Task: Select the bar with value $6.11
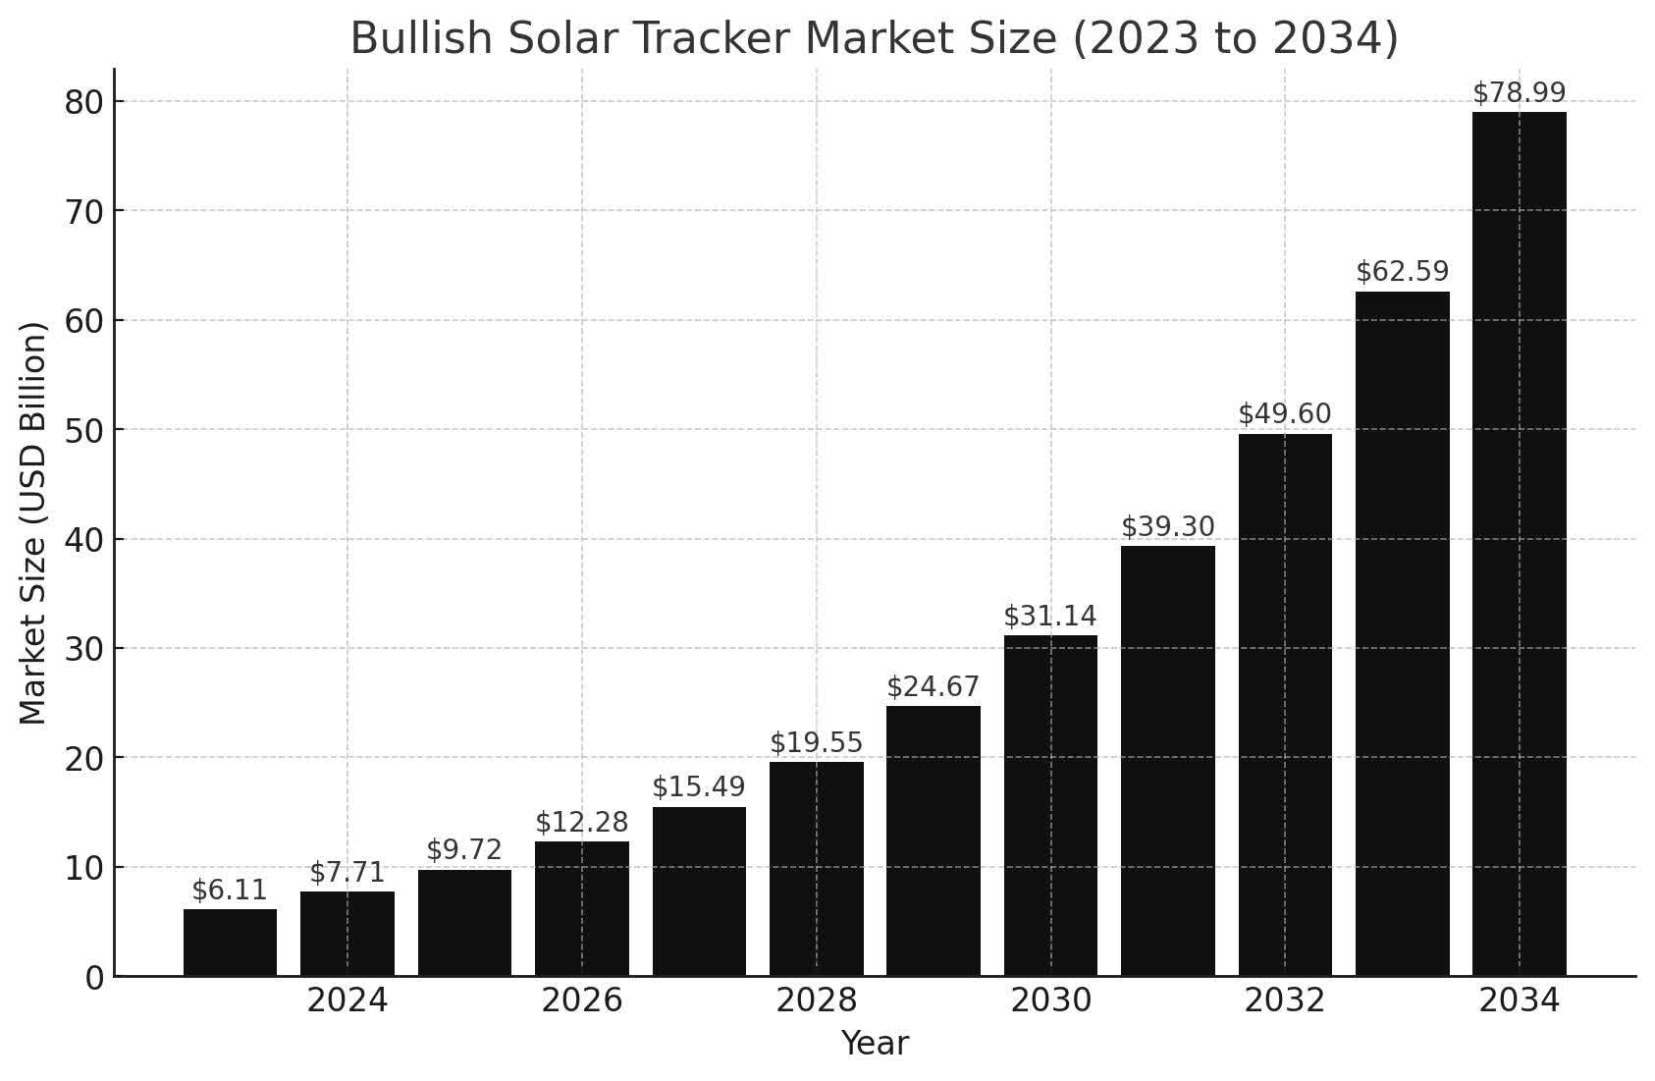[x=230, y=943]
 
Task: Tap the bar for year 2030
[x=1050, y=805]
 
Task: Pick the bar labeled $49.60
[x=1285, y=704]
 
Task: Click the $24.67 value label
[x=933, y=687]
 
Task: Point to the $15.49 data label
[x=699, y=787]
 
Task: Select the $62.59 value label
[x=1402, y=272]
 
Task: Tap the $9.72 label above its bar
[x=464, y=850]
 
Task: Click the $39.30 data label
[x=1167, y=527]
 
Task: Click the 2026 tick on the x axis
[x=582, y=1001]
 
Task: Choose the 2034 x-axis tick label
[x=1519, y=1001]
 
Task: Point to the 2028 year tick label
[x=817, y=1001]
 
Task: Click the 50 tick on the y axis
[x=83, y=430]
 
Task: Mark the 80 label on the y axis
[x=83, y=102]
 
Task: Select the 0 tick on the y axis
[x=94, y=978]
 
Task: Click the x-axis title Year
[x=875, y=1044]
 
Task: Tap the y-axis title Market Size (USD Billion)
[x=33, y=523]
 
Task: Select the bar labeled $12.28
[x=582, y=908]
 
